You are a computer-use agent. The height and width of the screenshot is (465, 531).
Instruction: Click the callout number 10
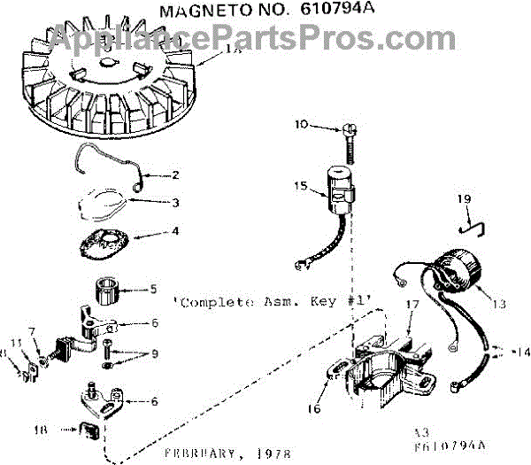(302, 125)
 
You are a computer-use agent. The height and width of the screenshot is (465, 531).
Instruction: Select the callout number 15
(302, 185)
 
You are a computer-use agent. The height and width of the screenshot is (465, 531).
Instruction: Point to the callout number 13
(499, 304)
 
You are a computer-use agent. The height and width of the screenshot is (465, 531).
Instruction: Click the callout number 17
(411, 305)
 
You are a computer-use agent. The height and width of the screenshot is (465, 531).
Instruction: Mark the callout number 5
(153, 288)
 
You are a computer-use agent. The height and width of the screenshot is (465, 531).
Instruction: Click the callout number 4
(175, 234)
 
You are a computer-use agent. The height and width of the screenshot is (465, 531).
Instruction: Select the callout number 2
(175, 174)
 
